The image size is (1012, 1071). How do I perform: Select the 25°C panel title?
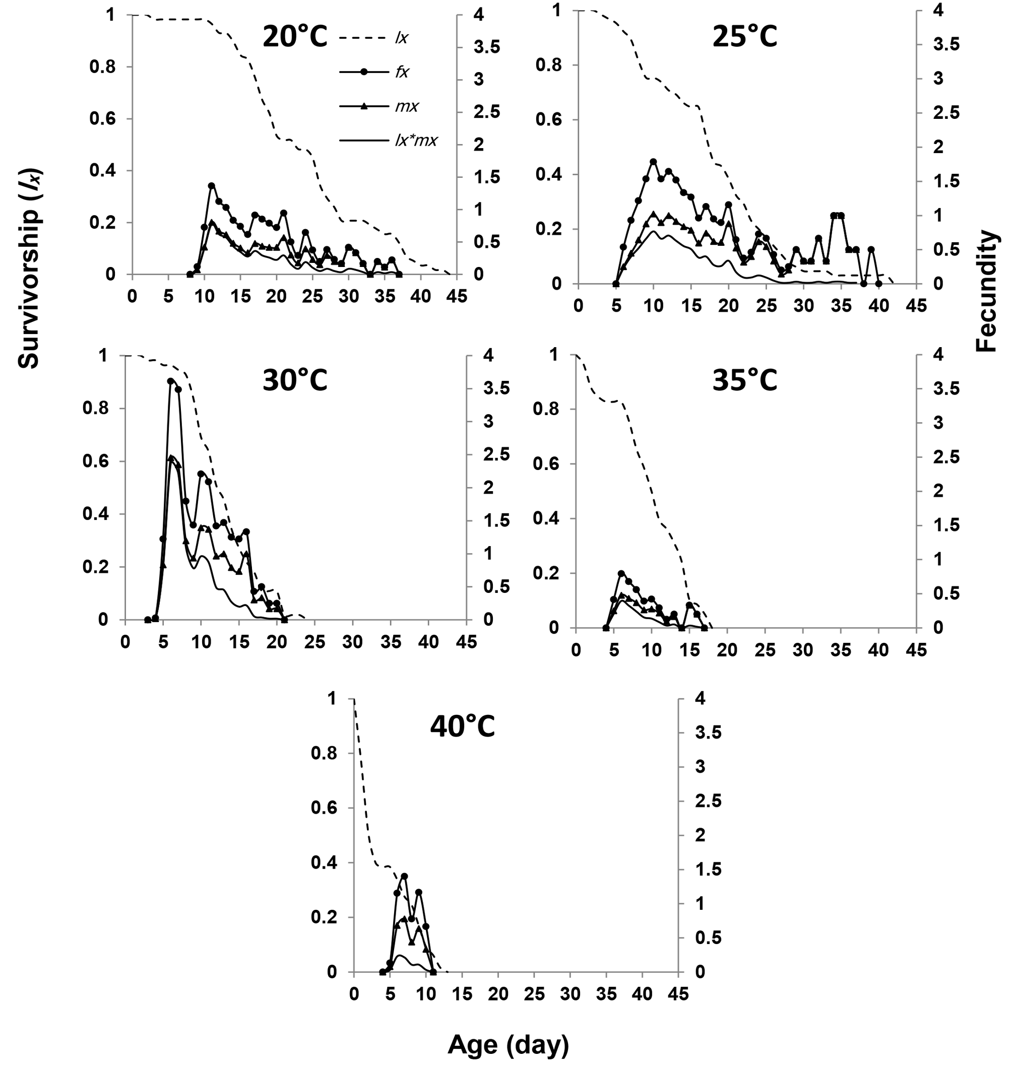tap(745, 38)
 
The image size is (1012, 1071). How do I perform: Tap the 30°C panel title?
tap(295, 382)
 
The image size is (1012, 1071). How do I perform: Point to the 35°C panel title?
tap(745, 382)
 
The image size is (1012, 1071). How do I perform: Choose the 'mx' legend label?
tap(406, 107)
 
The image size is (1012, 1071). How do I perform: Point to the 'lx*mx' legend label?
tap(415, 141)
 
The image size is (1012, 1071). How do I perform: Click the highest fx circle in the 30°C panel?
tap(170, 381)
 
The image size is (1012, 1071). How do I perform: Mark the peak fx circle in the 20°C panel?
tap(212, 185)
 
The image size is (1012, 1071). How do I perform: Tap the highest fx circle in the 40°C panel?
tap(405, 877)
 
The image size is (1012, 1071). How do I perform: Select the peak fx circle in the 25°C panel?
tap(653, 162)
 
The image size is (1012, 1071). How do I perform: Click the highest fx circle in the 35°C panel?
tap(621, 573)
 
